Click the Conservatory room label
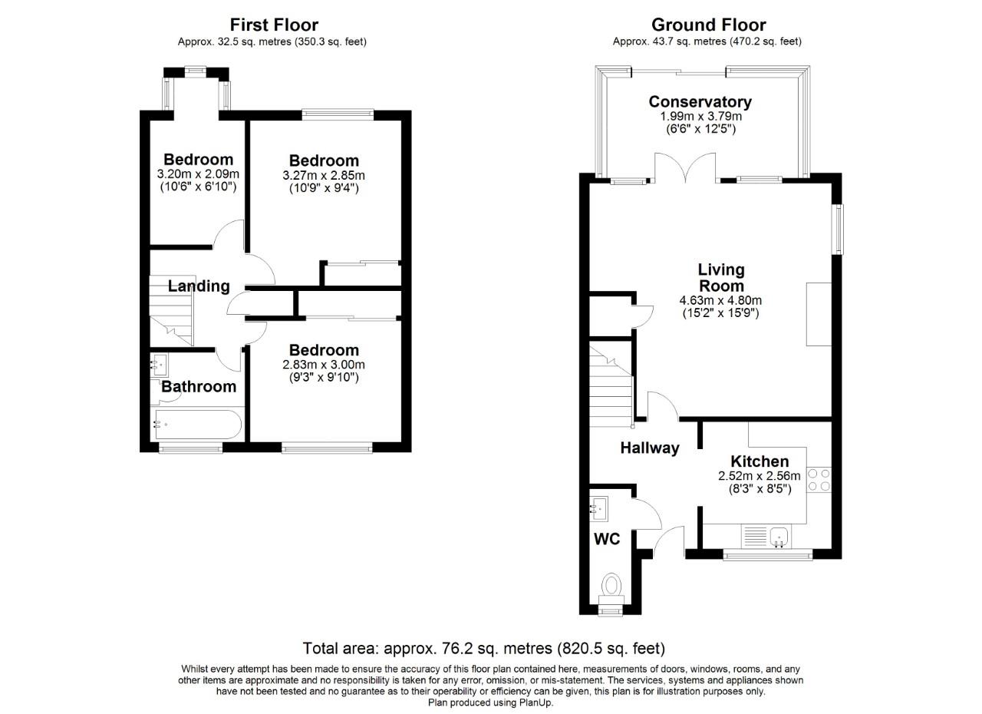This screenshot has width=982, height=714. [x=700, y=101]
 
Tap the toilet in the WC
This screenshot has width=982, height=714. [x=611, y=586]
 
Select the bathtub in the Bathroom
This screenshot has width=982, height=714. [x=197, y=424]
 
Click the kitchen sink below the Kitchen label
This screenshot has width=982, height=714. [x=779, y=536]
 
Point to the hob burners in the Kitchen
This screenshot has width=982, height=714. [x=819, y=479]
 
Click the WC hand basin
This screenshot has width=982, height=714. [x=598, y=507]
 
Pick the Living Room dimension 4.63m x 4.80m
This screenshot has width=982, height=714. [x=720, y=300]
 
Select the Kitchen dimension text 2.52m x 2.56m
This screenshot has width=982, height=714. [x=759, y=476]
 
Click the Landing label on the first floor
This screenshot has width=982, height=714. [x=199, y=286]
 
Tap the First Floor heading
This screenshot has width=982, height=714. [x=274, y=25]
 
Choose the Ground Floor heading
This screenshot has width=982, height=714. [x=708, y=25]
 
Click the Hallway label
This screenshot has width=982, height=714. [x=650, y=448]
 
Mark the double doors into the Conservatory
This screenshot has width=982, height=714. [x=686, y=167]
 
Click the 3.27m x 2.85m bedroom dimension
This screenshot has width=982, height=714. [x=324, y=175]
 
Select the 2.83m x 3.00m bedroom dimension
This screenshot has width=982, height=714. [x=324, y=365]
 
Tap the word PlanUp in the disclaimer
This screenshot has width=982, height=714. [x=535, y=702]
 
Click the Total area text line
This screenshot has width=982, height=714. [x=483, y=649]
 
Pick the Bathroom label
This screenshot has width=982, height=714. [x=199, y=386]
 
